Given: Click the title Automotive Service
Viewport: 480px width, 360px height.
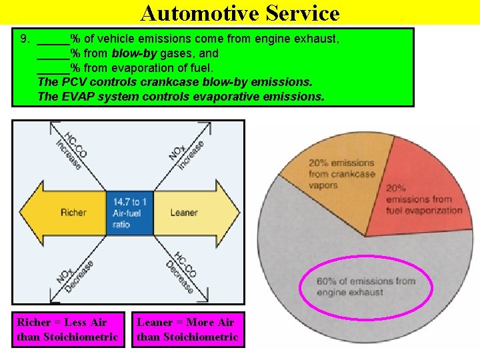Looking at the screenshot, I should [240, 13].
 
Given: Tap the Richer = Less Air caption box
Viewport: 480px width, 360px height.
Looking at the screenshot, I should [67, 330].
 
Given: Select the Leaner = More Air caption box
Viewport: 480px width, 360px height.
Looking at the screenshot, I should [187, 330].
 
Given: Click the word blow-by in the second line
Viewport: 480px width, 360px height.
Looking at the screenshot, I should [133, 53].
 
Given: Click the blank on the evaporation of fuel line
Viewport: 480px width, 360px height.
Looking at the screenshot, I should [53, 68].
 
